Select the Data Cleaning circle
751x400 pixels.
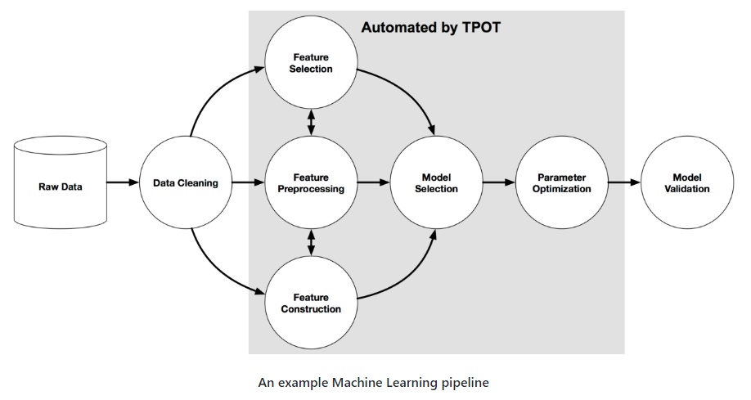coord(186,183)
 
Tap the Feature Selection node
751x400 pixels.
coord(311,64)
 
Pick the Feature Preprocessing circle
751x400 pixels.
coord(311,183)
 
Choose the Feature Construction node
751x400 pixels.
coord(311,303)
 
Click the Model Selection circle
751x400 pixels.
coord(436,183)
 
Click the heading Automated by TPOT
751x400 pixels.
coord(430,28)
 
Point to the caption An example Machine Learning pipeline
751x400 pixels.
coord(373,382)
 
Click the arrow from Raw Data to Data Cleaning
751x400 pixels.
coord(124,183)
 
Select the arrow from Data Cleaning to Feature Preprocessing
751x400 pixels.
coord(248,183)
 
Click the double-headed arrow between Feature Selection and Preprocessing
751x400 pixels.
coord(311,124)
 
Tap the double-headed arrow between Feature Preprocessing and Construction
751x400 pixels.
coord(311,243)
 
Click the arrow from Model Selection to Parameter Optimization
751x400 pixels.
coord(498,183)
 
